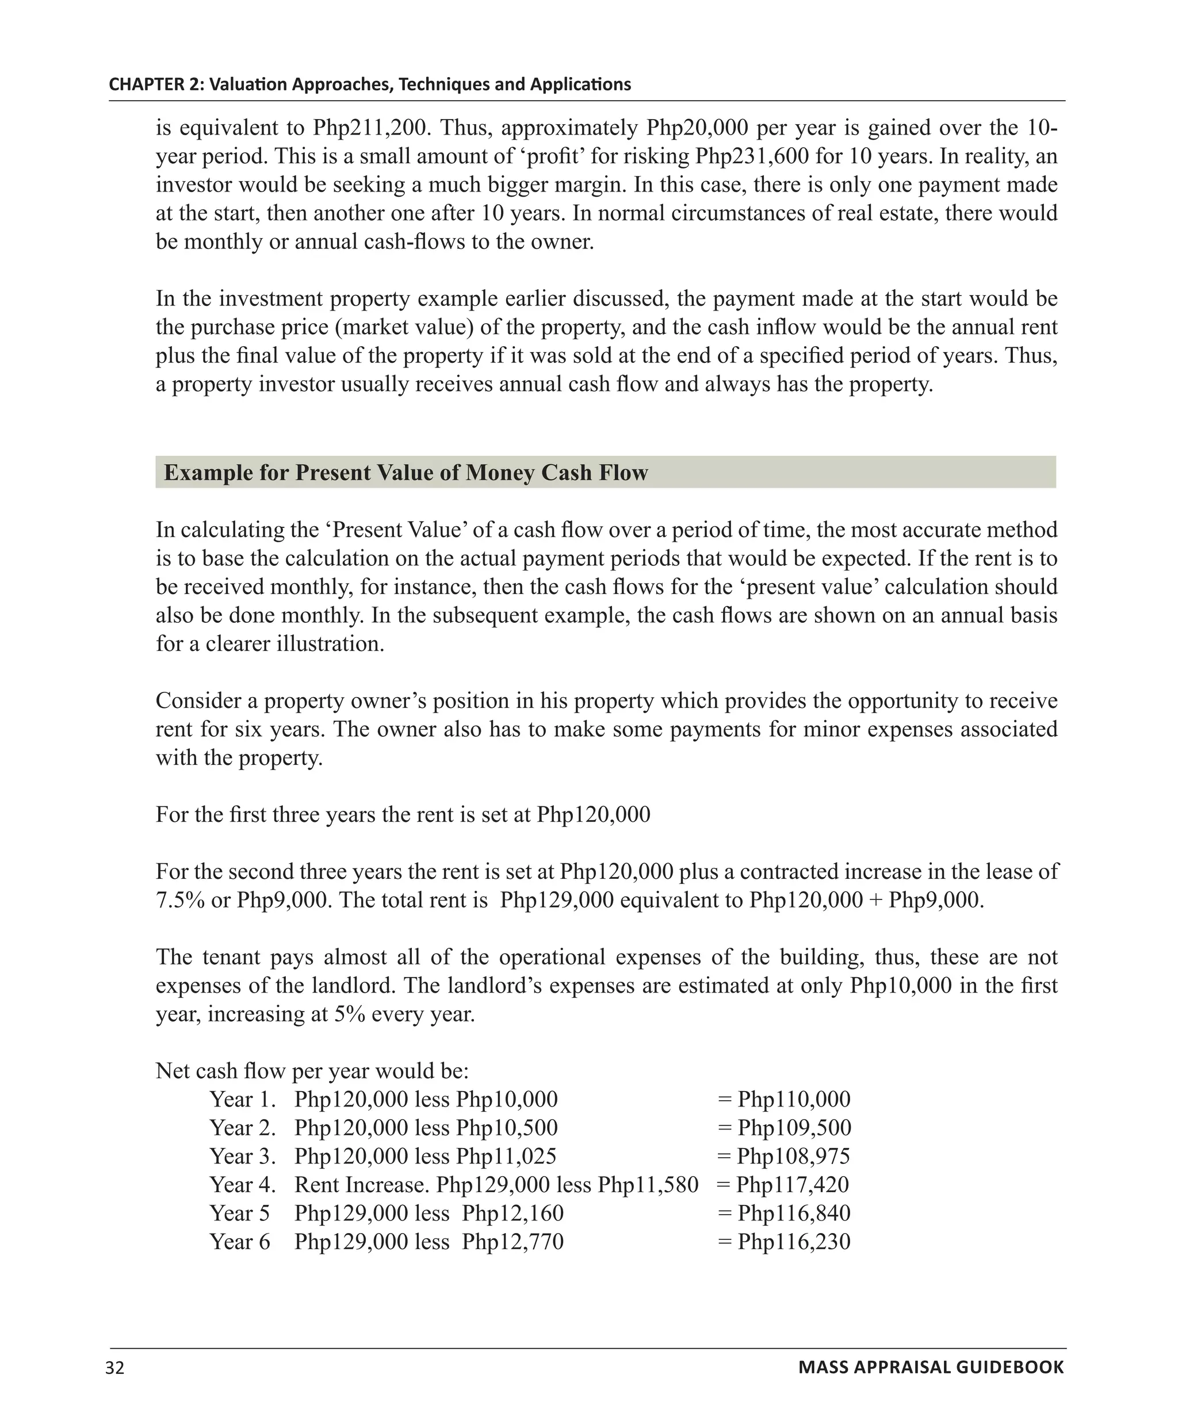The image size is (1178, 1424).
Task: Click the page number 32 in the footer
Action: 115,1368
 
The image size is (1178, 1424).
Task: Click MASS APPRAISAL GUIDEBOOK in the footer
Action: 931,1368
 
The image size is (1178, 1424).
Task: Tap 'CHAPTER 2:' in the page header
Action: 156,84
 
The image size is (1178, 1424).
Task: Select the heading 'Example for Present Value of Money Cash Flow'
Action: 406,473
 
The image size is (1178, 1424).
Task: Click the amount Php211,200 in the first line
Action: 369,128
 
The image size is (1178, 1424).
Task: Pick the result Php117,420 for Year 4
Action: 792,1185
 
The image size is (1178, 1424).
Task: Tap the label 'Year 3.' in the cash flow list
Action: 242,1156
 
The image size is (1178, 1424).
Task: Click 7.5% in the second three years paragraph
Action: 179,900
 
